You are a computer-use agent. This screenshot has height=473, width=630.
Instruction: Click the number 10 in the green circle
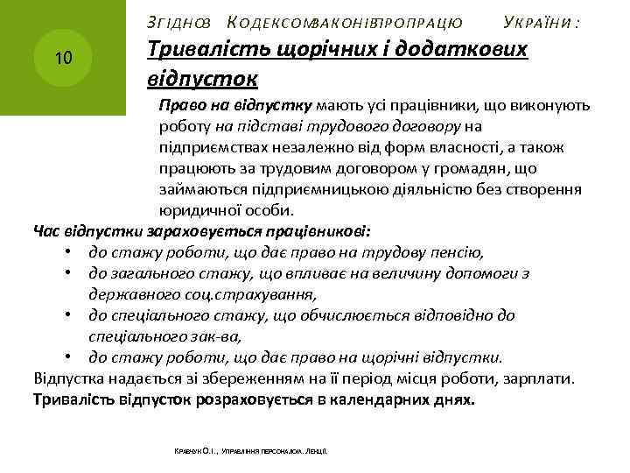click(62, 59)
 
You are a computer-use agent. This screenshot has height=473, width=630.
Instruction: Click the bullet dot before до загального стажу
click(67, 274)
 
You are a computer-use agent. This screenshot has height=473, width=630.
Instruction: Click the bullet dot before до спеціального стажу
click(67, 316)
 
